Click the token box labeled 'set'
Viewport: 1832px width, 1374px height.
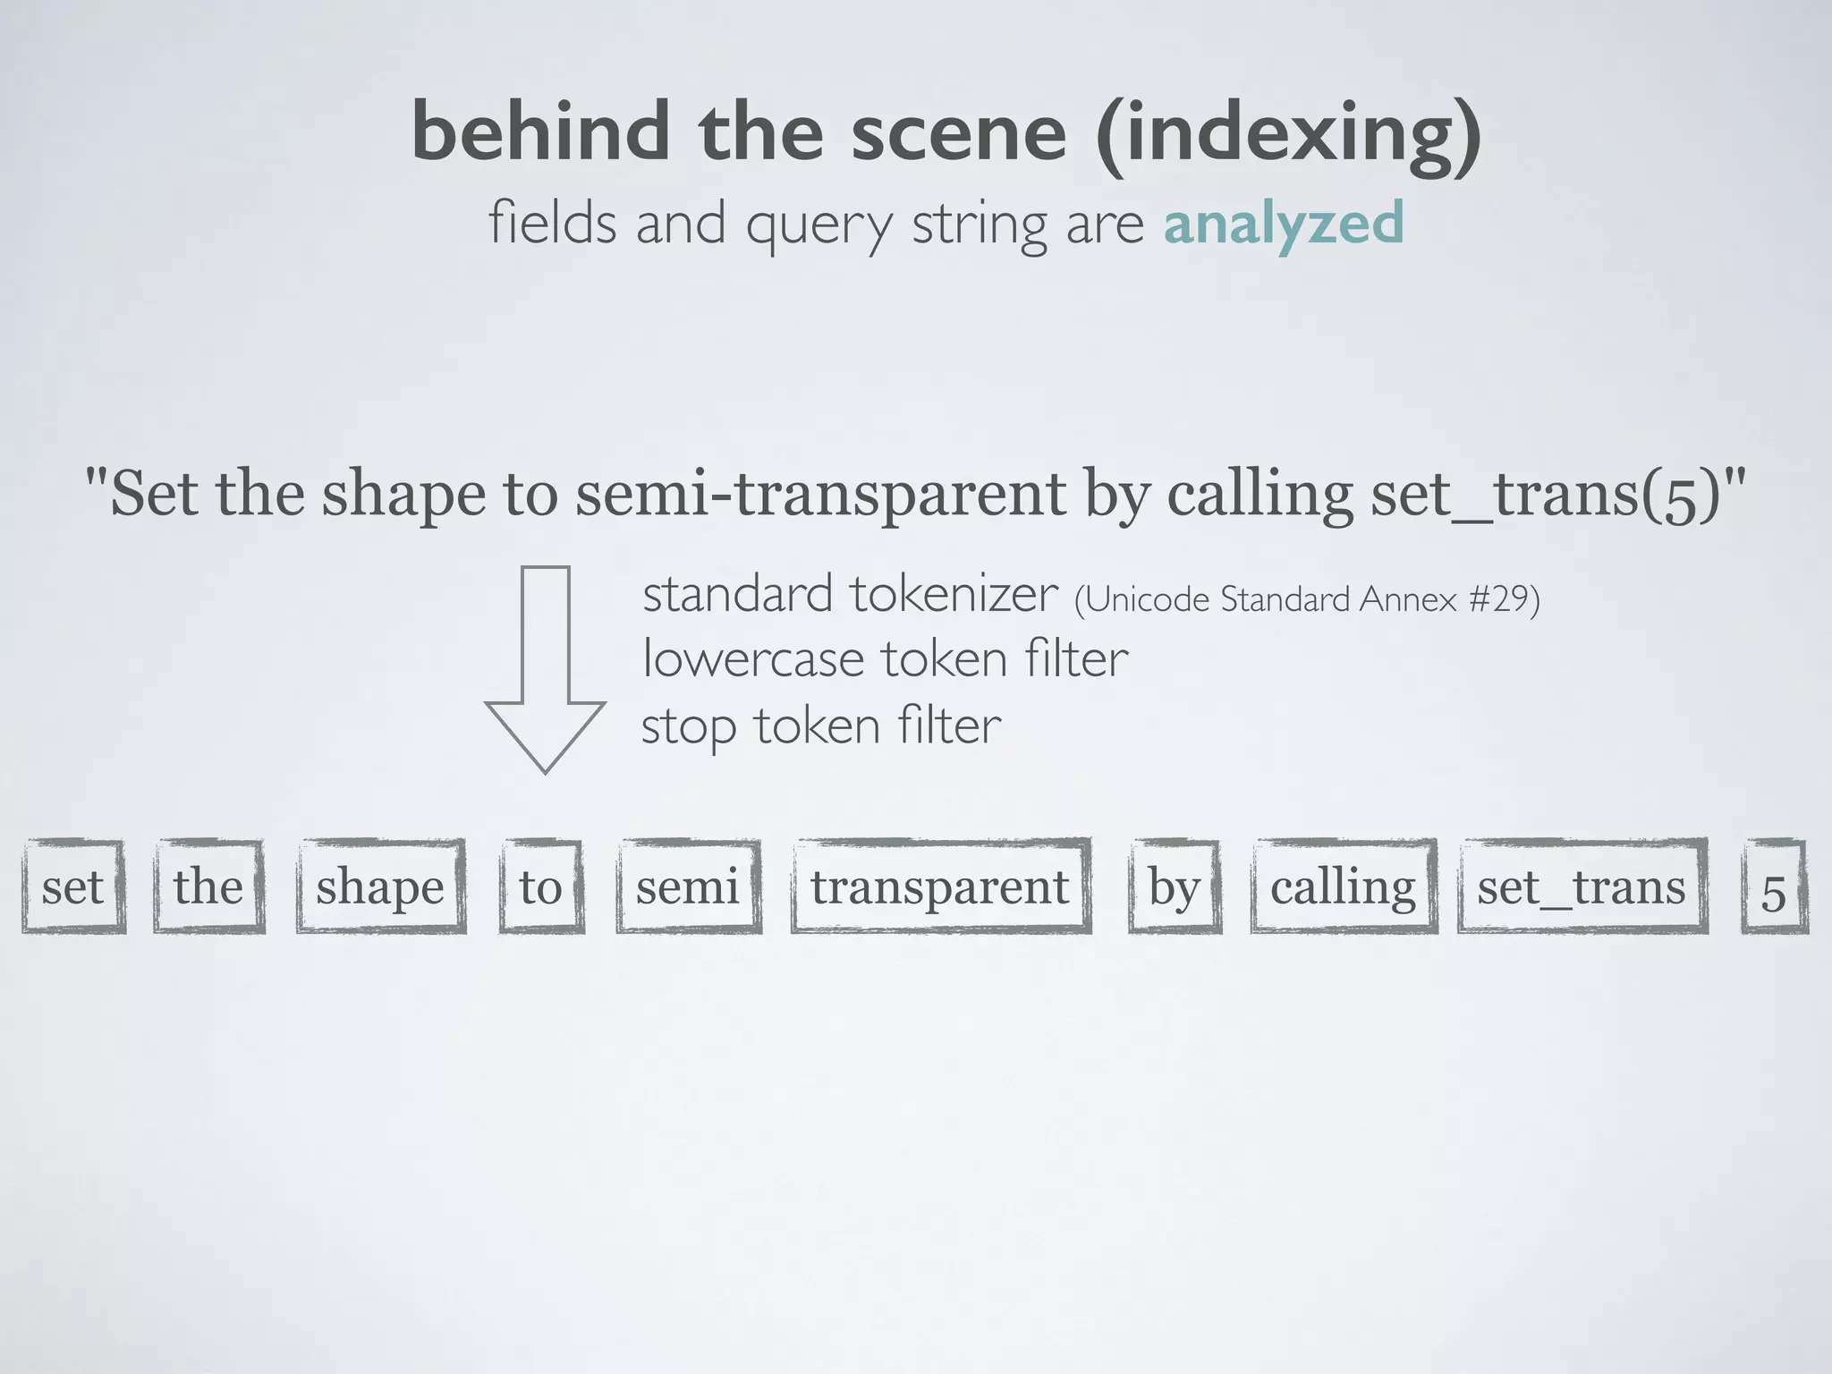tap(73, 886)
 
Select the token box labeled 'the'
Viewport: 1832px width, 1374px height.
tap(208, 886)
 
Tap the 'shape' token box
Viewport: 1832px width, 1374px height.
tap(380, 886)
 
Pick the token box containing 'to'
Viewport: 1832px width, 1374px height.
tap(541, 886)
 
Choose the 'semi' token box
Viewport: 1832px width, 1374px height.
tap(688, 886)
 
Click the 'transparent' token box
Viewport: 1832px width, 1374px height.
tap(940, 886)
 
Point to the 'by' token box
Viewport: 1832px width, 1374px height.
tap(1174, 886)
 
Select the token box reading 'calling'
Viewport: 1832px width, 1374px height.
tap(1343, 886)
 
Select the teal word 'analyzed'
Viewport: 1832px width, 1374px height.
tap(1283, 224)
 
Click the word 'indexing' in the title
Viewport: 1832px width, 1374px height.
tap(1288, 132)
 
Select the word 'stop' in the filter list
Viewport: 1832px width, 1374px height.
tap(689, 727)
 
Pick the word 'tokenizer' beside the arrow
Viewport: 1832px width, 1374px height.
tap(954, 594)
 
